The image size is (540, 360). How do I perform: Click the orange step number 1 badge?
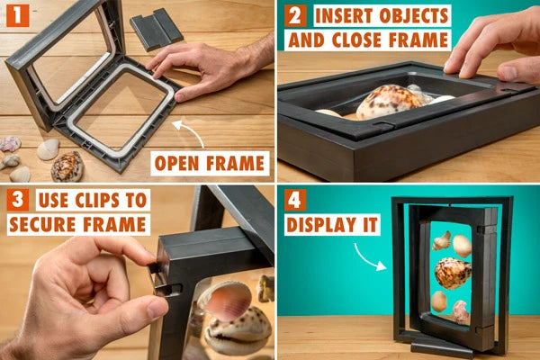(18, 15)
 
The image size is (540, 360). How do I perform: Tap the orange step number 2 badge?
(295, 16)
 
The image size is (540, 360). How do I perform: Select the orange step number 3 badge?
(18, 200)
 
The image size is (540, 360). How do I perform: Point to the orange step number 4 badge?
(295, 200)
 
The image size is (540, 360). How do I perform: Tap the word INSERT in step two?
(344, 16)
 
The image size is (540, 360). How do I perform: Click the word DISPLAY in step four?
(321, 225)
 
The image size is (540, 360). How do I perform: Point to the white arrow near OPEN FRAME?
(188, 131)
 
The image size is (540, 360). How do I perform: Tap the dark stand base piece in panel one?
(157, 30)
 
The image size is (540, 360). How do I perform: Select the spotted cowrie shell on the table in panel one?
(67, 166)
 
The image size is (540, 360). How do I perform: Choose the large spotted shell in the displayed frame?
(453, 273)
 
